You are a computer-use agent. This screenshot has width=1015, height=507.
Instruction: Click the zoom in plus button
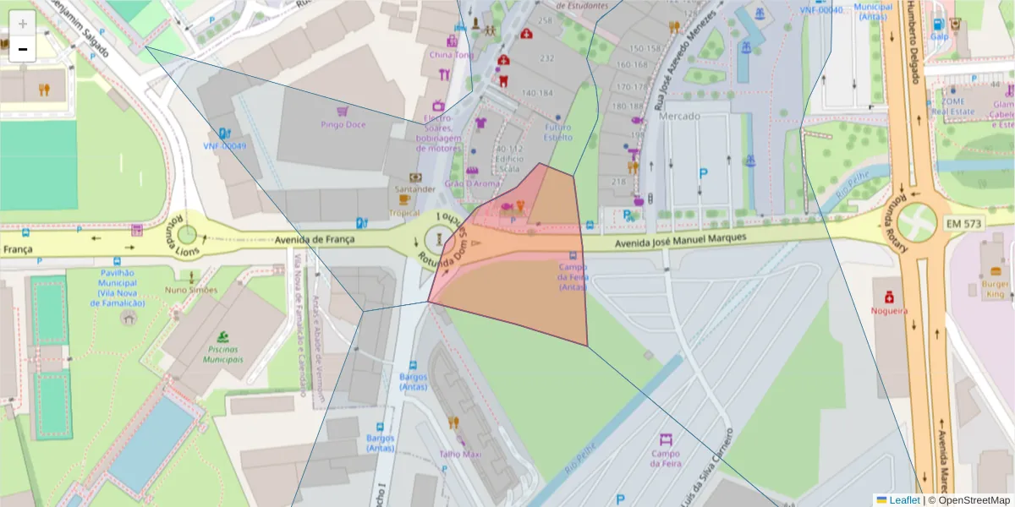click(23, 23)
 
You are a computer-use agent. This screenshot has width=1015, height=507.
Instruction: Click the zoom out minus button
click(23, 49)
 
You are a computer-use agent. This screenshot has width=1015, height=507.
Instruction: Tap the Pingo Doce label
click(343, 124)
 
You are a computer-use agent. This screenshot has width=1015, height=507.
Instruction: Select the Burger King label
click(995, 290)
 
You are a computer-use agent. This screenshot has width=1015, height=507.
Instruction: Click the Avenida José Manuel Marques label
click(681, 238)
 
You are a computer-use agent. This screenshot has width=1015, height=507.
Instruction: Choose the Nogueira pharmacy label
click(890, 310)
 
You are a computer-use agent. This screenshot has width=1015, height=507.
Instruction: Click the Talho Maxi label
click(460, 454)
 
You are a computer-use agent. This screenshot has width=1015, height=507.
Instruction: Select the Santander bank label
click(414, 189)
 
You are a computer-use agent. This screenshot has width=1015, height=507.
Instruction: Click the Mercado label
click(680, 115)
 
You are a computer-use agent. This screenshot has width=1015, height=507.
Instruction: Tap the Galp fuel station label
click(939, 37)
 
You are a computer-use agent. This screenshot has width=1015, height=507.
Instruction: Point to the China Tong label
click(452, 55)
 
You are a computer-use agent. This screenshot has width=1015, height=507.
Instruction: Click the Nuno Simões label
click(191, 290)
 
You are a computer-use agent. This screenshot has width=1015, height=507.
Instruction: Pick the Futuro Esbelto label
click(557, 132)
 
